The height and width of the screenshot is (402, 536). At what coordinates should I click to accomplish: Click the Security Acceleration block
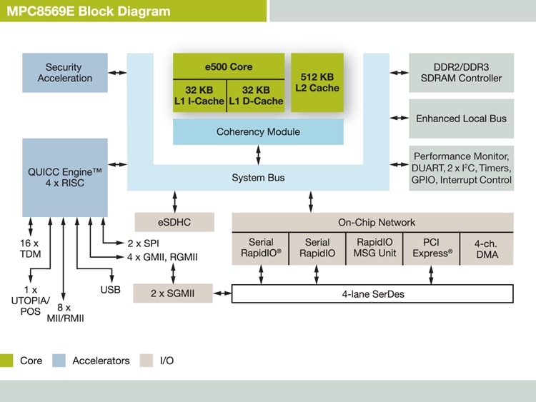[64, 73]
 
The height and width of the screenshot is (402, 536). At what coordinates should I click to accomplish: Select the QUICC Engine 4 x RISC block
[64, 178]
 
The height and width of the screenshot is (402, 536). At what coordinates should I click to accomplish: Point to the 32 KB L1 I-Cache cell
[199, 96]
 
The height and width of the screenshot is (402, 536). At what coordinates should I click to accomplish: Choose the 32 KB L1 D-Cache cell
[256, 96]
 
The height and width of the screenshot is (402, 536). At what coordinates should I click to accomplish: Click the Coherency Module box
[258, 132]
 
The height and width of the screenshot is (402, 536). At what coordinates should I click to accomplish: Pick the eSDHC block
[174, 222]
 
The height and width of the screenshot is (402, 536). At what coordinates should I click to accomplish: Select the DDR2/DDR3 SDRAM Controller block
[461, 73]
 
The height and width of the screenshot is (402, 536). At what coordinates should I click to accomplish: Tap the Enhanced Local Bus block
[461, 119]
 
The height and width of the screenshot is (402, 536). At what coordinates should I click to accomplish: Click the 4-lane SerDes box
[372, 293]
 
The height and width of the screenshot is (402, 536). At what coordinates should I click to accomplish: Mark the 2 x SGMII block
[173, 293]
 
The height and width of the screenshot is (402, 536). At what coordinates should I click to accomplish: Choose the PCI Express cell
[432, 248]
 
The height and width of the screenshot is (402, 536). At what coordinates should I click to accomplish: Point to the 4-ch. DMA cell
[486, 248]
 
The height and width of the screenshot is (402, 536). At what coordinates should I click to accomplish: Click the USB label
[111, 290]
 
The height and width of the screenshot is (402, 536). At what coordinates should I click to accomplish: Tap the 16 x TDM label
[29, 248]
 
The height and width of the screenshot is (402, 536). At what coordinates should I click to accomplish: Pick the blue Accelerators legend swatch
[59, 361]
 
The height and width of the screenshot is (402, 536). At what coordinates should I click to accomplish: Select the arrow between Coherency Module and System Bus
[258, 154]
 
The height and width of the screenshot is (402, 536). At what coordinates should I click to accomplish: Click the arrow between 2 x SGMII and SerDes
[222, 293]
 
